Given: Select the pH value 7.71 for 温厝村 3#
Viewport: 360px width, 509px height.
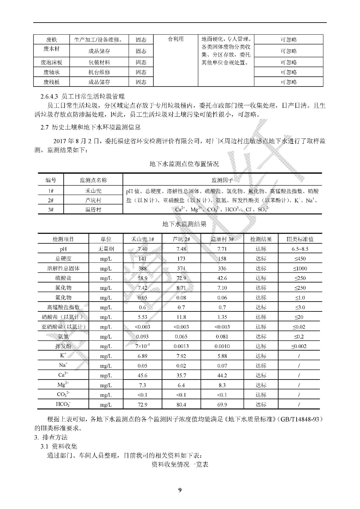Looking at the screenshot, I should click(x=222, y=249).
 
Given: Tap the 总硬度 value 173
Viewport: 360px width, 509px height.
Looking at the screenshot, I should click(x=181, y=259).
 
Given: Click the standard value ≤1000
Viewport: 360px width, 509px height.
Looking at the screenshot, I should click(x=300, y=268).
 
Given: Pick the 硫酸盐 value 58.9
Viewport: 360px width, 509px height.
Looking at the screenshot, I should click(x=142, y=278).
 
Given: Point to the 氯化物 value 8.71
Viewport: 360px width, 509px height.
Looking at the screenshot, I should click(x=181, y=288).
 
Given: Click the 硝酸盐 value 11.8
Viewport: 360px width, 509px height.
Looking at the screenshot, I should click(x=181, y=317).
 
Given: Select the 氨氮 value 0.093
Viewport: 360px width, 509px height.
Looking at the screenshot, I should click(x=142, y=337).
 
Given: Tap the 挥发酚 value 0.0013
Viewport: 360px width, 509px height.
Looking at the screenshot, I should click(x=181, y=346).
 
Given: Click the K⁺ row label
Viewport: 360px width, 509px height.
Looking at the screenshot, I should click(x=63, y=356).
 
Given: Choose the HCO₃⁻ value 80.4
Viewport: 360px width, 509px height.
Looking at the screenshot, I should click(x=181, y=405).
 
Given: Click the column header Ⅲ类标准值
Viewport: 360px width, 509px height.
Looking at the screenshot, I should click(x=300, y=239).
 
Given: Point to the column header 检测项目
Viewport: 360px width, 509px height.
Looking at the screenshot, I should click(x=63, y=239).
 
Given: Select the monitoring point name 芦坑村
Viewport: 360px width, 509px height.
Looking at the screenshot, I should click(x=93, y=200).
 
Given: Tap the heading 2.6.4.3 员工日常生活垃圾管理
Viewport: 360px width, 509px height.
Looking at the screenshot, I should click(x=82, y=96).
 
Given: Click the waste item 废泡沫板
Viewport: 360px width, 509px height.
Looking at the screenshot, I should click(x=51, y=62).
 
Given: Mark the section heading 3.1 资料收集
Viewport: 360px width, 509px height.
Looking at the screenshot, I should click(x=59, y=446).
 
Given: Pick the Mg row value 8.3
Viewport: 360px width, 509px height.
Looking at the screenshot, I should click(x=222, y=385).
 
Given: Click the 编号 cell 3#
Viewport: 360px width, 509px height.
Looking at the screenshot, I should click(x=51, y=210).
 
